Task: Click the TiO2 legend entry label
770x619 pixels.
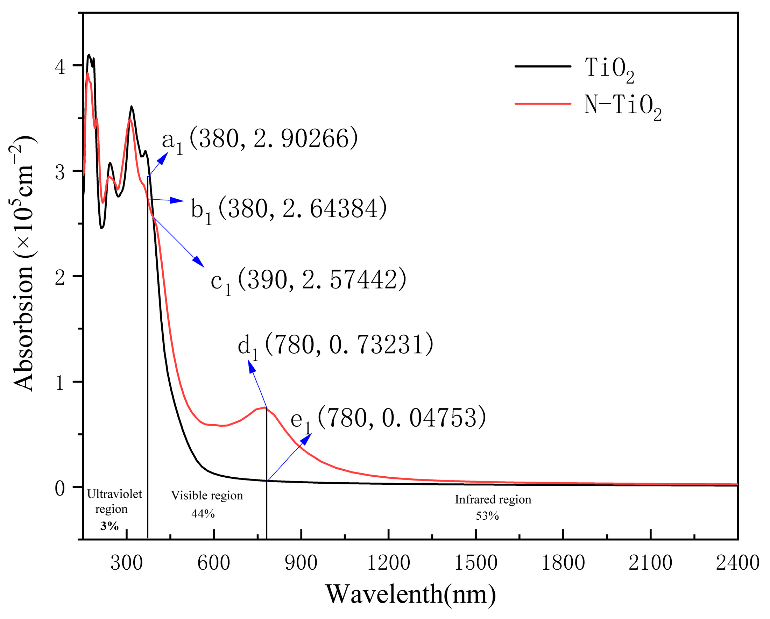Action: point(609,69)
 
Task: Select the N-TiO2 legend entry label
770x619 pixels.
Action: point(623,106)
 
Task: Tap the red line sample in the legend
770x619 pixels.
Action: point(543,104)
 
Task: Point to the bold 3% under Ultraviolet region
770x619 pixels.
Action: point(109,526)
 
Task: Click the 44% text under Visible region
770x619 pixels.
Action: point(203,514)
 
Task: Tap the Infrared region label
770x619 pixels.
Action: point(493,499)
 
